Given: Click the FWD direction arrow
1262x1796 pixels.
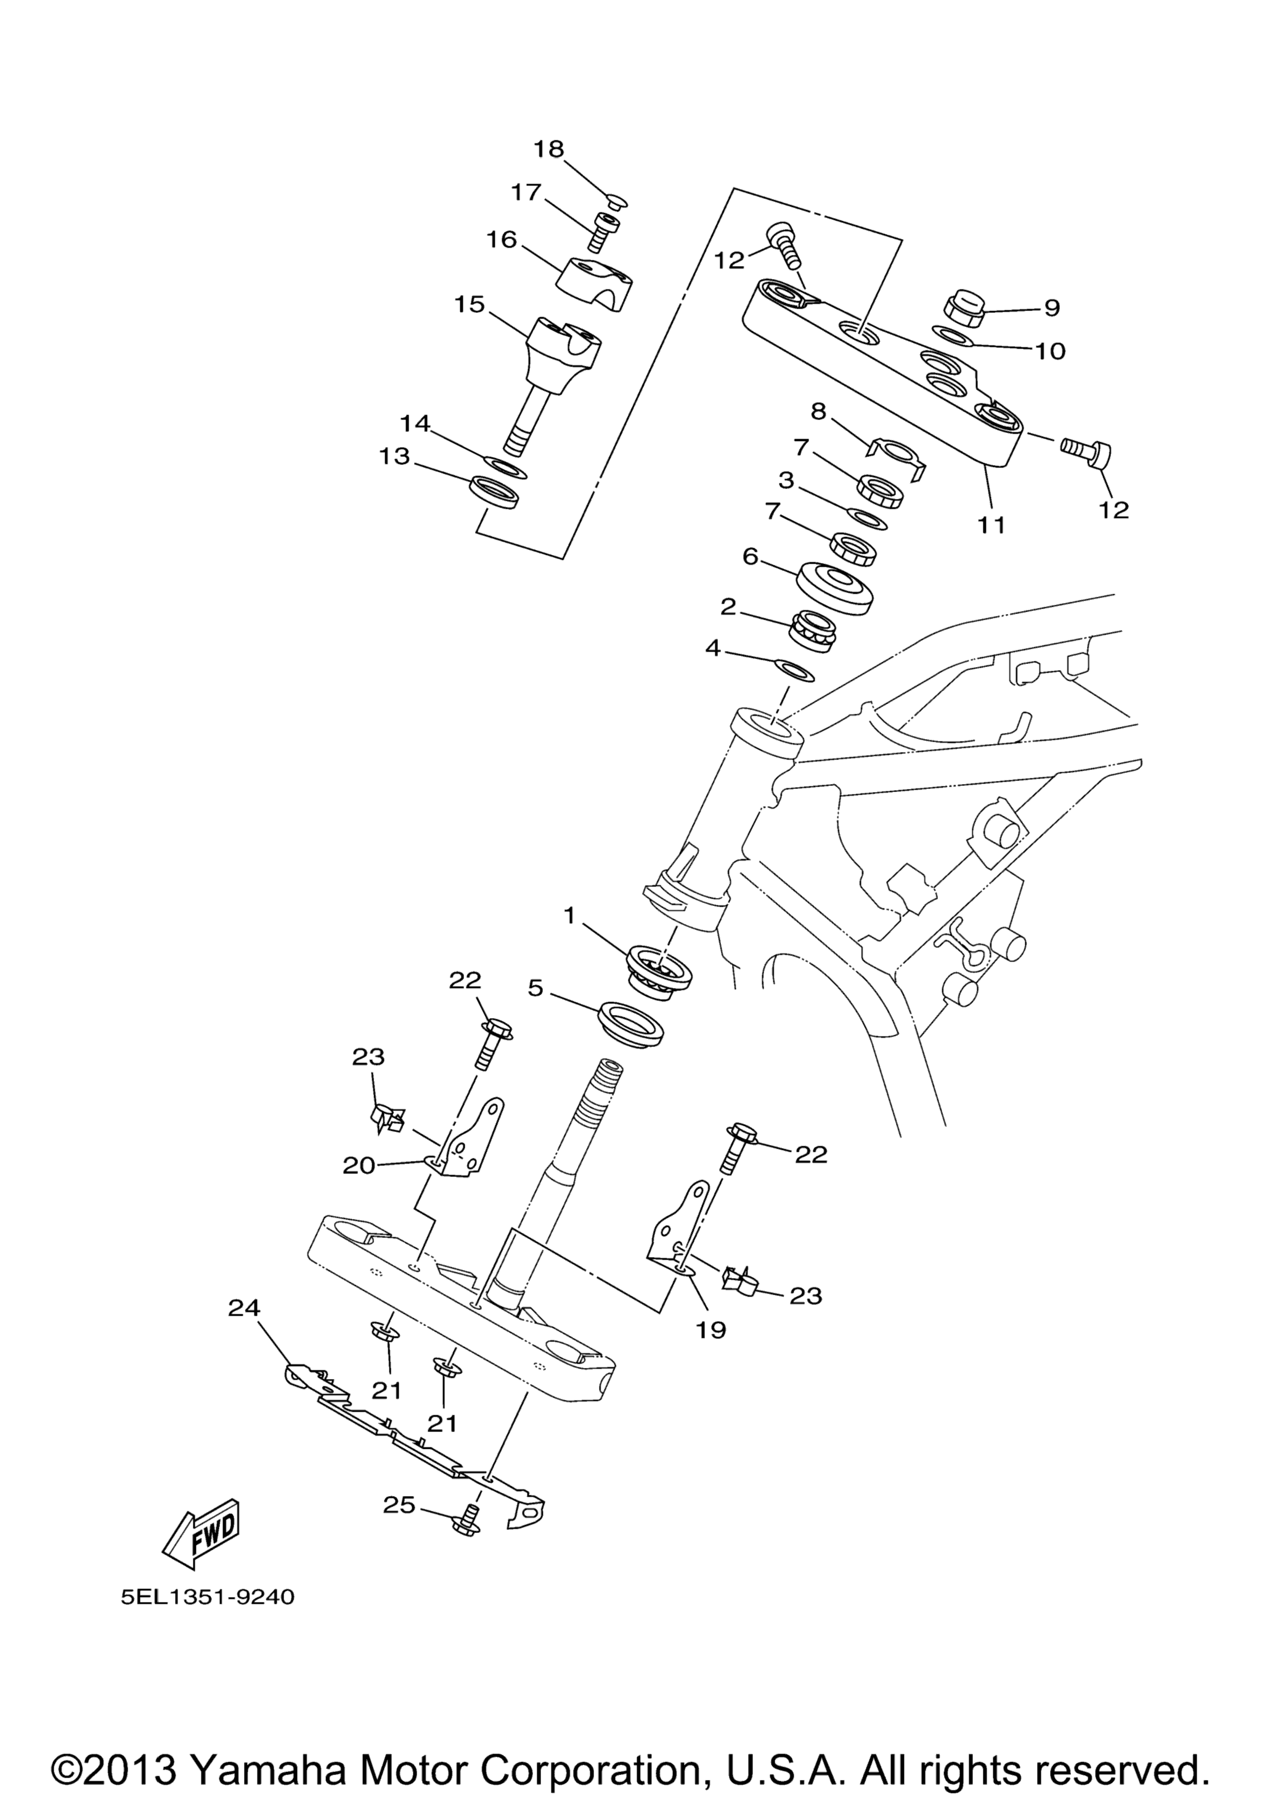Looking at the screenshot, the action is click(200, 1539).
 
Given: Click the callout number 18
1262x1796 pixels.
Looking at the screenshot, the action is click(549, 148).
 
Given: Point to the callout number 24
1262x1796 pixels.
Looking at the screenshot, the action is click(245, 1307).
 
